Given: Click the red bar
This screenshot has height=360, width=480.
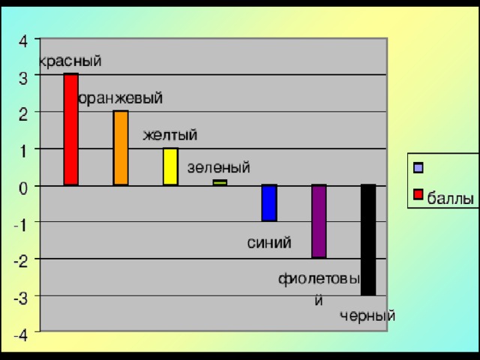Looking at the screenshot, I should point(70,129).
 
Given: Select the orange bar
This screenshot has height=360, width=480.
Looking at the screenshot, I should point(121,148).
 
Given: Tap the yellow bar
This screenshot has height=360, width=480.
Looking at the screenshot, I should point(170,166).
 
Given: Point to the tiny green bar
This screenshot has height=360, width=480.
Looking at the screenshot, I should point(220,182).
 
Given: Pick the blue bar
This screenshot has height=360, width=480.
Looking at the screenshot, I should point(269,202).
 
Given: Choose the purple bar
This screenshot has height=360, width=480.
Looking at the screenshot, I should point(319,220).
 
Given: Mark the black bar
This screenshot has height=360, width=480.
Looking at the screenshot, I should point(368,239).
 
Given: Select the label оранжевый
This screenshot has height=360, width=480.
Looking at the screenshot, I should point(121,98).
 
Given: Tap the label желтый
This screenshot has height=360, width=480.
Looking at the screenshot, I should point(170,135).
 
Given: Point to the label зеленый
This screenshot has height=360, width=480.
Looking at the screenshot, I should point(218,167).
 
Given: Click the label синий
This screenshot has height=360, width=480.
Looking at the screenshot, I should point(269,242).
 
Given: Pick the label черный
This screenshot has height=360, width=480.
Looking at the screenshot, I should point(367,316).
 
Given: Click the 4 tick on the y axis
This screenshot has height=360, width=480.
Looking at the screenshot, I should point(25,40).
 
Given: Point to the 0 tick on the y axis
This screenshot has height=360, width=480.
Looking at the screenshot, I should point(25,187).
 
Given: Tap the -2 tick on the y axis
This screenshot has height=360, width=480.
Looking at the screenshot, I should point(22,260).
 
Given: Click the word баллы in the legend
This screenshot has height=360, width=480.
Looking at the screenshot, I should point(450,199).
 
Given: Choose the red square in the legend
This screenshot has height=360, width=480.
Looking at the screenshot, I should point(418,196).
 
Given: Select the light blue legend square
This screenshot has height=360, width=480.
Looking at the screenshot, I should point(418,167).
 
